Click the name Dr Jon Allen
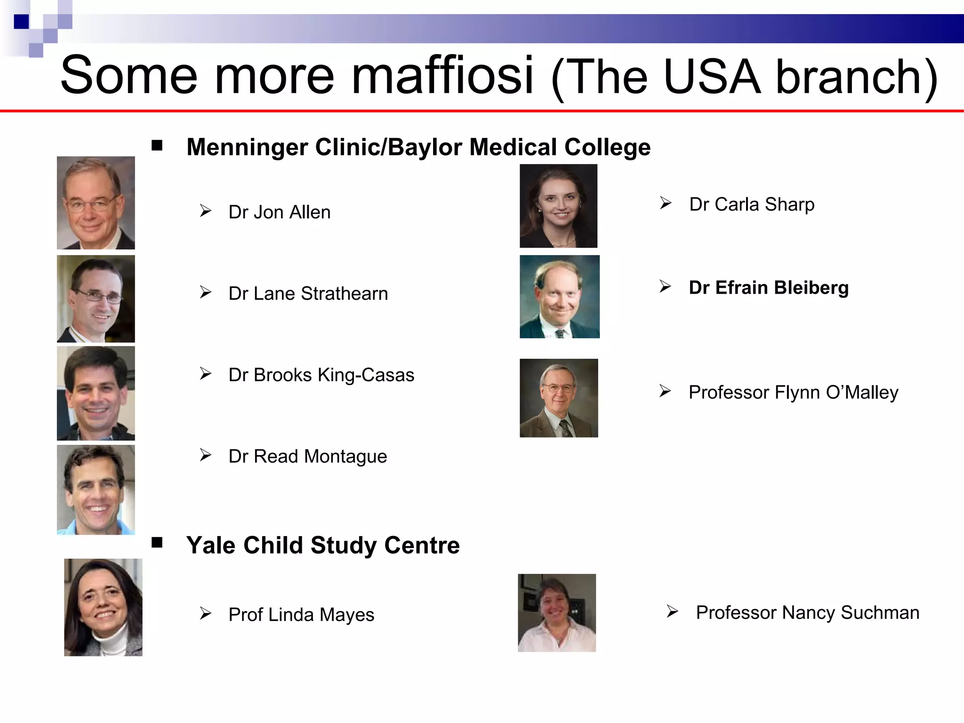(279, 212)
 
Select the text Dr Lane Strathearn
(308, 294)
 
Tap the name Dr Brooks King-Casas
(321, 375)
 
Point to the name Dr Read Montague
(307, 457)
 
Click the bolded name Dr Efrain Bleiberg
(769, 288)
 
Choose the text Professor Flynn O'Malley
(793, 393)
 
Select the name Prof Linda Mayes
(301, 615)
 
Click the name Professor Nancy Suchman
(807, 613)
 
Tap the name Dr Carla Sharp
(752, 205)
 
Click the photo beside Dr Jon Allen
(96, 203)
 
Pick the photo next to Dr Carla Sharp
(558, 206)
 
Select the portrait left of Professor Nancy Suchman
(557, 612)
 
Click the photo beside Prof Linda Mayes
(103, 607)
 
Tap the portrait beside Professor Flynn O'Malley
(559, 398)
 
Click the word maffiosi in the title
(442, 75)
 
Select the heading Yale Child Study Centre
(323, 546)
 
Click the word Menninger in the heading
(247, 147)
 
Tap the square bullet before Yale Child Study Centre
(157, 543)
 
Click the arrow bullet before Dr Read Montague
(205, 455)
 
